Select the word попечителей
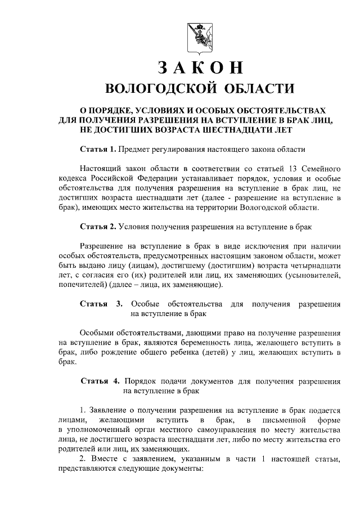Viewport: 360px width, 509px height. pos(83,285)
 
